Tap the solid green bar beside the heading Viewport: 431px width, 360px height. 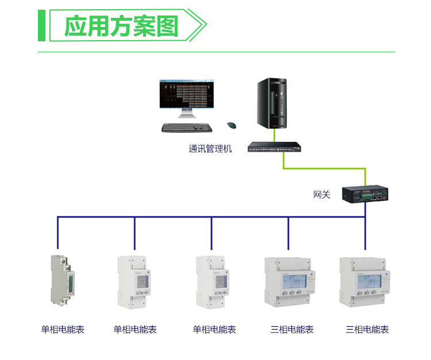41,26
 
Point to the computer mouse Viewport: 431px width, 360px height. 232,125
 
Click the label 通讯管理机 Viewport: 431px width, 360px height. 210,149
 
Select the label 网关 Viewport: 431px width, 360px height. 322,195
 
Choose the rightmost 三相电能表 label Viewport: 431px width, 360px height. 367,330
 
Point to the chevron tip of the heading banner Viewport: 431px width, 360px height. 205,26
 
